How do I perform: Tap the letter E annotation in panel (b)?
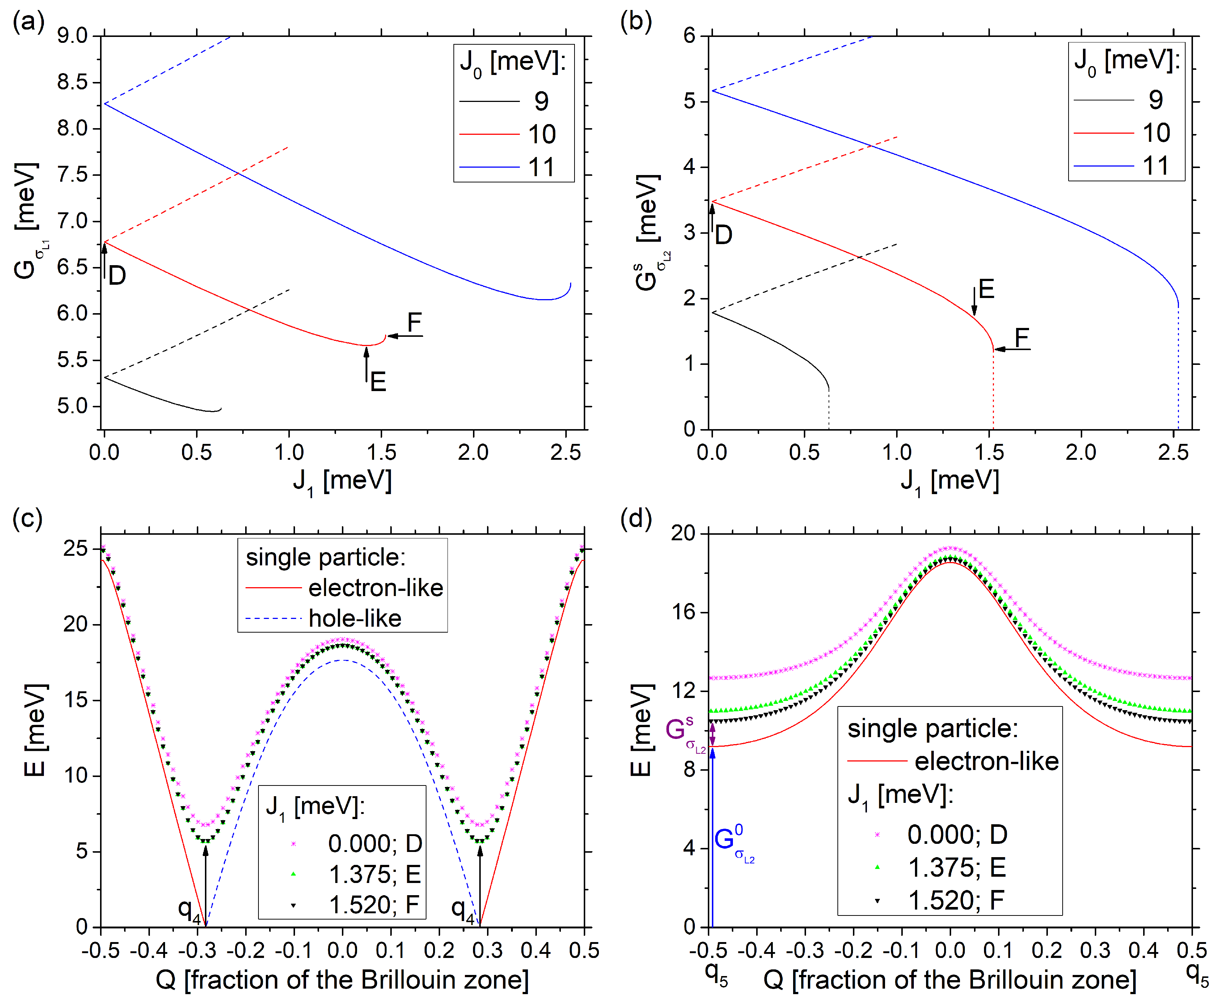pyautogui.click(x=986, y=289)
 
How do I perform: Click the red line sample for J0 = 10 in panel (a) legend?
pyautogui.click(x=489, y=134)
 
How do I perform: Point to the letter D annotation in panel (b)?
pyautogui.click(x=723, y=235)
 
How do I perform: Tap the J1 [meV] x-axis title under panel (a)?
pyautogui.click(x=342, y=481)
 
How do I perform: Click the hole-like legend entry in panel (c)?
pyautogui.click(x=355, y=618)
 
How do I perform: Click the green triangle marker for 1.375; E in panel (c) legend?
pyautogui.click(x=294, y=874)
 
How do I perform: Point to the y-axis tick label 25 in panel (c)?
pyautogui.click(x=76, y=548)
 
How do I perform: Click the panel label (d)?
pyautogui.click(x=635, y=518)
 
